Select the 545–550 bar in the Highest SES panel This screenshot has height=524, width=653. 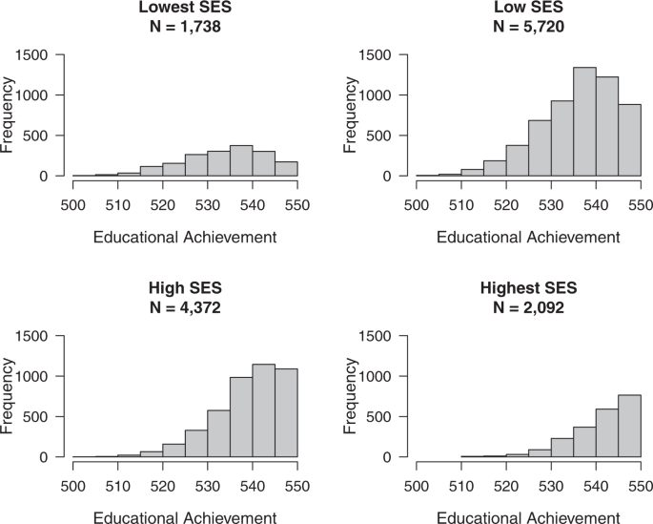[x=629, y=426]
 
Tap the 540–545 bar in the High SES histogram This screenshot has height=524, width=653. [x=263, y=410]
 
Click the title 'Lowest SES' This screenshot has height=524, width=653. [x=185, y=9]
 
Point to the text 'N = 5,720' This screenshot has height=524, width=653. [x=530, y=26]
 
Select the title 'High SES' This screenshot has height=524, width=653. [x=185, y=288]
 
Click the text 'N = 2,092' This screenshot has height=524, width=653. [x=530, y=306]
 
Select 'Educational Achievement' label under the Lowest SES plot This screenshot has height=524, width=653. [x=185, y=237]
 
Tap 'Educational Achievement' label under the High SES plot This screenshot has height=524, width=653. [x=185, y=517]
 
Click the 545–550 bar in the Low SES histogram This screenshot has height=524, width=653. [x=629, y=140]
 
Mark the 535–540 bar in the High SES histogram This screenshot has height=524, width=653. [x=241, y=417]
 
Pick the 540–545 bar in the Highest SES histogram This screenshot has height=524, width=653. [x=607, y=433]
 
